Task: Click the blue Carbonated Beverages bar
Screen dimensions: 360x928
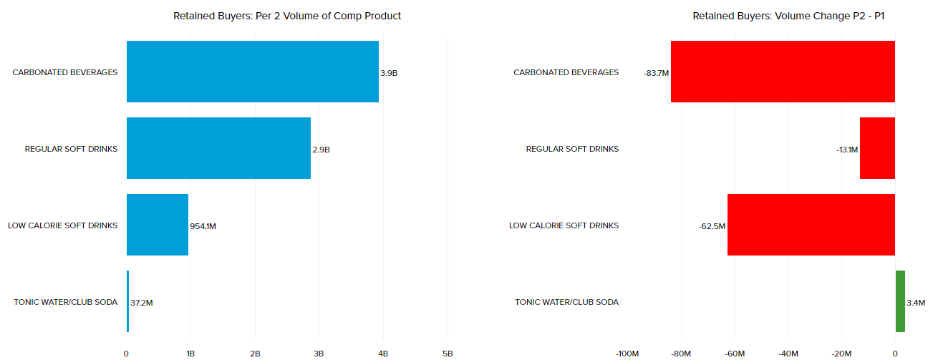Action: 252,72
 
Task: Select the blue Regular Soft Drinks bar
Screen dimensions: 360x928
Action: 218,148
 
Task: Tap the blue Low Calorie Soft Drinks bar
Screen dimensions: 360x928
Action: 158,225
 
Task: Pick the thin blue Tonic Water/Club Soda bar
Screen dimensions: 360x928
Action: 127,301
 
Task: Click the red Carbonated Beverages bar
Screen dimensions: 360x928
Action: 783,72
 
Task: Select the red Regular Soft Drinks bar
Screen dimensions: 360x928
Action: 877,148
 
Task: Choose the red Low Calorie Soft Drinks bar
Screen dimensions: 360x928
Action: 811,225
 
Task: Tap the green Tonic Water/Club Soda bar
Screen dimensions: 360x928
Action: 900,301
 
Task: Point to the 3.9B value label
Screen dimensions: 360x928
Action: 389,73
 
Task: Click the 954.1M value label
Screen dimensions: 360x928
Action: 203,226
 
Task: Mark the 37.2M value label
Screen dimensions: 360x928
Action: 142,303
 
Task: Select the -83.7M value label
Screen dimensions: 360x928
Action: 656,73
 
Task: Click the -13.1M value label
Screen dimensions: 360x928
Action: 846,150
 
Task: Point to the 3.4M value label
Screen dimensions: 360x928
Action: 915,303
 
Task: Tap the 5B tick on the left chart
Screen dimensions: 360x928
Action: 448,354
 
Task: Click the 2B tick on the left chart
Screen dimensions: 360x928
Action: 255,354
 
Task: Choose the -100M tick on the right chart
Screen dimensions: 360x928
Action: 627,354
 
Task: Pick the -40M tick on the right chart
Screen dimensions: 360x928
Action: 788,354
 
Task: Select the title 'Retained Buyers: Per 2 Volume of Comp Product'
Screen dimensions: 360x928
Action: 287,16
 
